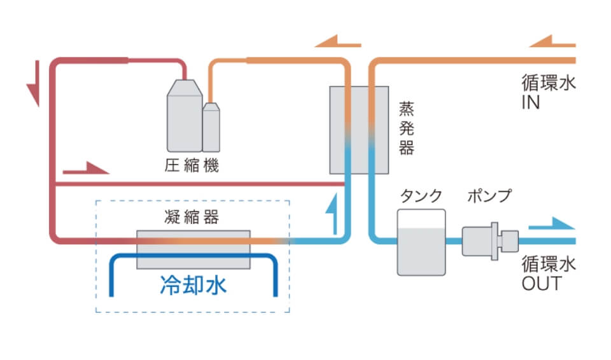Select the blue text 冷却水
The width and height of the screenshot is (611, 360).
[193, 286]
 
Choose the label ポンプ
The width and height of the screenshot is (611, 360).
[488, 196]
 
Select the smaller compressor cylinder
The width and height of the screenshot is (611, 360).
[211, 127]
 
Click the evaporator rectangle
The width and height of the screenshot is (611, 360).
[359, 130]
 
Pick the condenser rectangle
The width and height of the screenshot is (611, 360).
[193, 249]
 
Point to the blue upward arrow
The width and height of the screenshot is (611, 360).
[330, 214]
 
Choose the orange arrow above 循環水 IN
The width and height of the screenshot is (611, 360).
[552, 43]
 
